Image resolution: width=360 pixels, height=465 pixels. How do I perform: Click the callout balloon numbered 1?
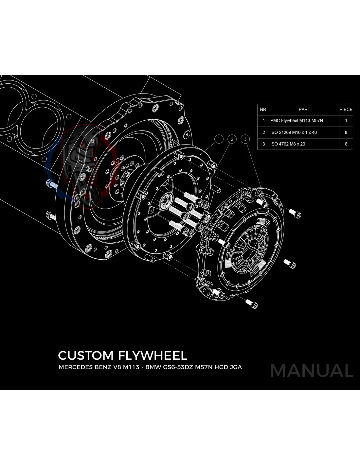click(x=219, y=139)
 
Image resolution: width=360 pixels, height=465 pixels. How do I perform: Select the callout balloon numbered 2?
click(x=232, y=139)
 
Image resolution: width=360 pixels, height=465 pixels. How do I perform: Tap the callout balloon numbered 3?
click(x=245, y=139)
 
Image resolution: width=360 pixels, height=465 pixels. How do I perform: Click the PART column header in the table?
click(x=304, y=110)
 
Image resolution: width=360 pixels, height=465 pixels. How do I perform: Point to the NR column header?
click(x=263, y=110)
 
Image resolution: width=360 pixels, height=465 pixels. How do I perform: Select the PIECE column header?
click(x=346, y=110)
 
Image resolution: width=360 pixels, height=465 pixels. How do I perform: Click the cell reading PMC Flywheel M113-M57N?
click(x=297, y=121)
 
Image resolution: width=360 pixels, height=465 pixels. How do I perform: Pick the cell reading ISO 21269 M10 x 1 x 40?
click(x=294, y=132)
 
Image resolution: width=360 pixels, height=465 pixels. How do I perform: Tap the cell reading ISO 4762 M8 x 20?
click(x=288, y=144)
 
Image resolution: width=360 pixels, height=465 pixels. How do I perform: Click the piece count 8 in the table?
click(x=346, y=132)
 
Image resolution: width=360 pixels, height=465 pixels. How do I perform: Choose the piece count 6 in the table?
click(x=346, y=144)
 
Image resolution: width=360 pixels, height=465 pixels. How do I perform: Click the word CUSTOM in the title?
click(x=86, y=355)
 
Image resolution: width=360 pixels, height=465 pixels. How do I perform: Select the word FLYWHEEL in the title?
click(x=153, y=355)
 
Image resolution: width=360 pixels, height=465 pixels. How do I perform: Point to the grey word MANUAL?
click(x=312, y=371)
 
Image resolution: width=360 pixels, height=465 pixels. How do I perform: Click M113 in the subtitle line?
click(x=131, y=367)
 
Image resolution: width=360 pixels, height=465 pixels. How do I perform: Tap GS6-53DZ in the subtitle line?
click(x=178, y=367)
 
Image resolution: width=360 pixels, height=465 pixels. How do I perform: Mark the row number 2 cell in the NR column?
click(x=263, y=132)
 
